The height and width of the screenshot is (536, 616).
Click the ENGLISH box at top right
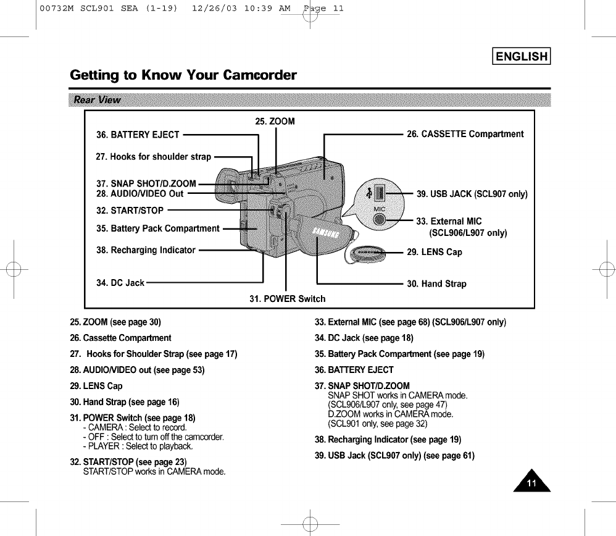click(518, 57)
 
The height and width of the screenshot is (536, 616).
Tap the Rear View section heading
click(98, 100)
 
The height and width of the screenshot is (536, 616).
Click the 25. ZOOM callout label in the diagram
click(275, 120)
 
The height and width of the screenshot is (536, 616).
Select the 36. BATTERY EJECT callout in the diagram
click(138, 135)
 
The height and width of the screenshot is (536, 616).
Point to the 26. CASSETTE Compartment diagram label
click(465, 134)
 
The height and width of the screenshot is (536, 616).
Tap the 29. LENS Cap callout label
click(435, 252)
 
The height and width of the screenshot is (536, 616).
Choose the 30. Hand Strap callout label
click(436, 284)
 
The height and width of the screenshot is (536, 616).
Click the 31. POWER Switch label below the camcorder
click(287, 299)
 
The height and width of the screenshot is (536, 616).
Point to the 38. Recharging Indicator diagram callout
click(146, 250)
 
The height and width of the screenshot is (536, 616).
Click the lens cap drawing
click(367, 253)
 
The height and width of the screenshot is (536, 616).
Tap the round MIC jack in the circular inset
click(380, 220)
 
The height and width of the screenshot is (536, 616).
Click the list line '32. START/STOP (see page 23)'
click(129, 462)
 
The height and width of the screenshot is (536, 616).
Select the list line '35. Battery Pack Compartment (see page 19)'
click(399, 354)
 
